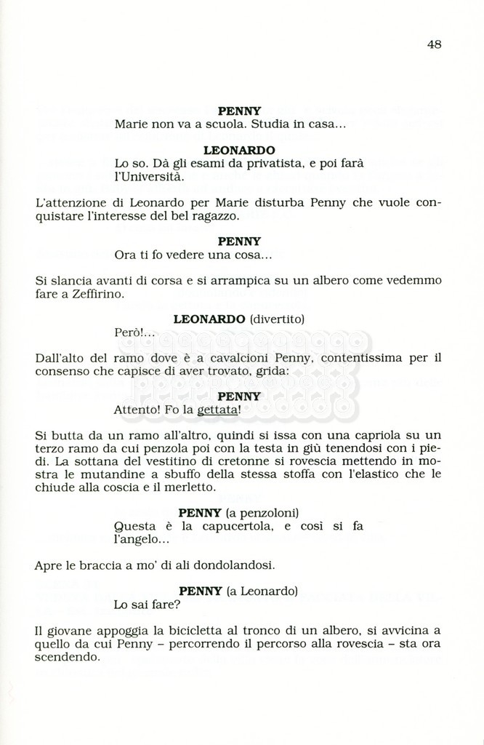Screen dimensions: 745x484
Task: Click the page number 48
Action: [434, 44]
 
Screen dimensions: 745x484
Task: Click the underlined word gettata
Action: [218, 410]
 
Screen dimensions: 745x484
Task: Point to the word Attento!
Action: [137, 410]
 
